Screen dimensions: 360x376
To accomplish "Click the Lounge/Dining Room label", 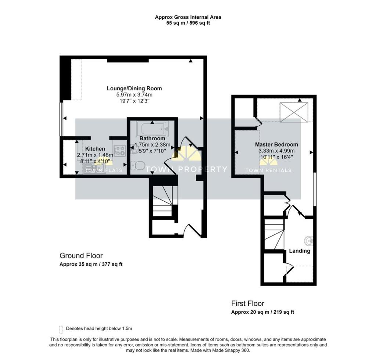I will [x=134, y=89].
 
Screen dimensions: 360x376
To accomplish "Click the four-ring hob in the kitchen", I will [x=119, y=151].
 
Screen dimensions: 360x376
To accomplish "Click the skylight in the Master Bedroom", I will [x=294, y=112].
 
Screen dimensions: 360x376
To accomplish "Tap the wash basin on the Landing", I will [x=308, y=241].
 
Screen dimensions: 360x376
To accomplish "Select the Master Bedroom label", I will [x=276, y=144].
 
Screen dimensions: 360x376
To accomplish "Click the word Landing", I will [x=300, y=251].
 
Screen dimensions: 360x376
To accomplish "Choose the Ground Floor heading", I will [x=81, y=256].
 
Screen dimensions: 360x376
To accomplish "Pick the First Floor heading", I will [x=247, y=303].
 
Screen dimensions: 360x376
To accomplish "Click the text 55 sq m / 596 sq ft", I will [x=188, y=23].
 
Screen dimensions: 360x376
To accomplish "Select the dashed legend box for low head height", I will [x=61, y=328].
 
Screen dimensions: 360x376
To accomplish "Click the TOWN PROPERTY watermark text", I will [x=187, y=169].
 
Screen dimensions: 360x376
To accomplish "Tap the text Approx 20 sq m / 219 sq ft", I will [x=263, y=312].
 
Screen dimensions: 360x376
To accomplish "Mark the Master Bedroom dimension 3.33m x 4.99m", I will [x=276, y=151].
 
